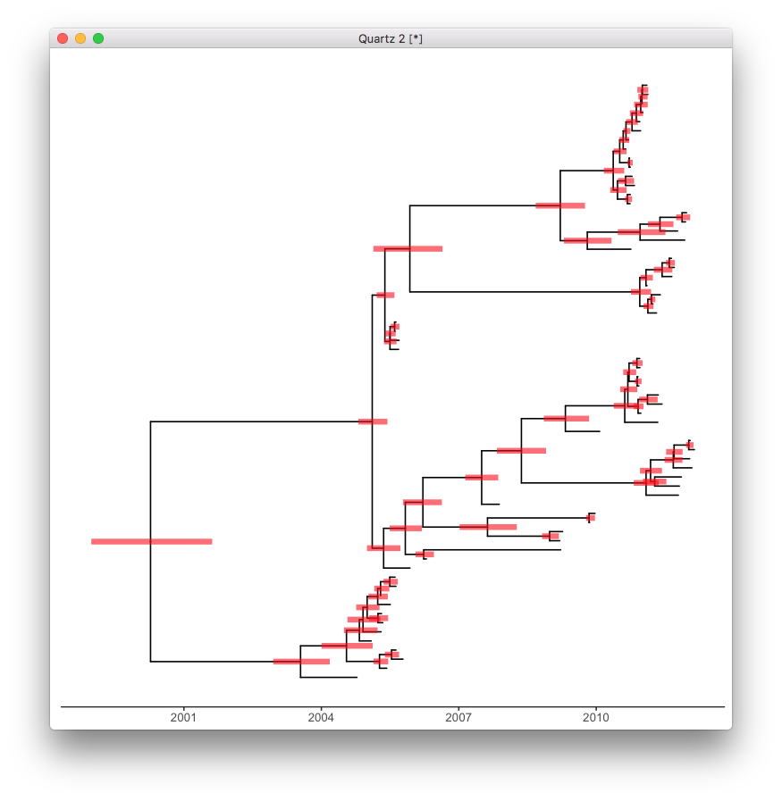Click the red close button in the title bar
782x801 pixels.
pyautogui.click(x=63, y=38)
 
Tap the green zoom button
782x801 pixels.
pyautogui.click(x=98, y=38)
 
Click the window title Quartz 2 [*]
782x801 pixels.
pyautogui.click(x=391, y=38)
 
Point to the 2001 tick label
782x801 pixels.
pyautogui.click(x=183, y=718)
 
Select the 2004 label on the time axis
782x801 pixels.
pyautogui.click(x=321, y=718)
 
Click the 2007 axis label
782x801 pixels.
pyautogui.click(x=458, y=718)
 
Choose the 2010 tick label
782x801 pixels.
pyautogui.click(x=596, y=718)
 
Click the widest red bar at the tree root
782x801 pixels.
pyautogui.click(x=151, y=541)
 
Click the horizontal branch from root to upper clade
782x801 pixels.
pyautogui.click(x=259, y=421)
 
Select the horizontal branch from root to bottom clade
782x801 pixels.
pyautogui.click(x=214, y=662)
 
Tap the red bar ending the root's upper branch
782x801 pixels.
pyautogui.click(x=373, y=421)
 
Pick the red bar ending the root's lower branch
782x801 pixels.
pyautogui.click(x=301, y=662)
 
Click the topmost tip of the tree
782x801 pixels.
pyautogui.click(x=644, y=86)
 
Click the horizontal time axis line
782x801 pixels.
pyautogui.click(x=392, y=706)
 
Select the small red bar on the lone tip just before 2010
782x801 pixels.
pyautogui.click(x=590, y=518)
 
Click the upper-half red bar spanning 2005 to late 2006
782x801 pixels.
pyautogui.click(x=408, y=248)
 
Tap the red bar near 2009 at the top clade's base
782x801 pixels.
pyautogui.click(x=560, y=205)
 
